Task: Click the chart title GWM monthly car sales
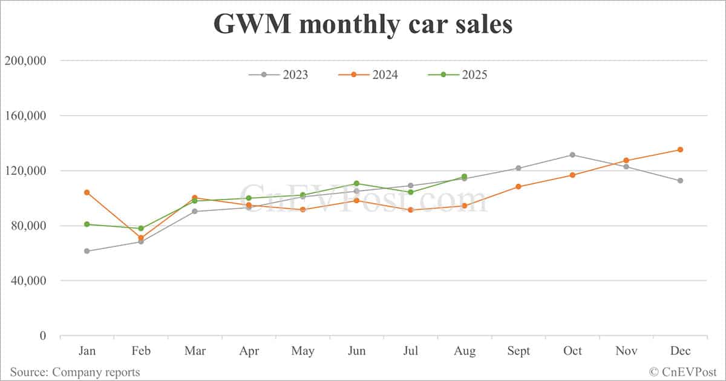362,25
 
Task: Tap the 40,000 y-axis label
28,281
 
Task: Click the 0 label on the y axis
42,336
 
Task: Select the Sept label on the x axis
518,351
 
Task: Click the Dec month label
680,351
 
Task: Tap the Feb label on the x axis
141,351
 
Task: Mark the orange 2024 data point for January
87,192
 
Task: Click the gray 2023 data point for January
87,251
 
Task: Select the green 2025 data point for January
87,224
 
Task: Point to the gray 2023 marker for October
572,155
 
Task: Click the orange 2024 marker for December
680,149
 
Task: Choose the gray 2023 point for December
680,180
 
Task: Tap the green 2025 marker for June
356,183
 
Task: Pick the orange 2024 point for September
518,186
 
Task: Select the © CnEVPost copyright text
683,372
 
